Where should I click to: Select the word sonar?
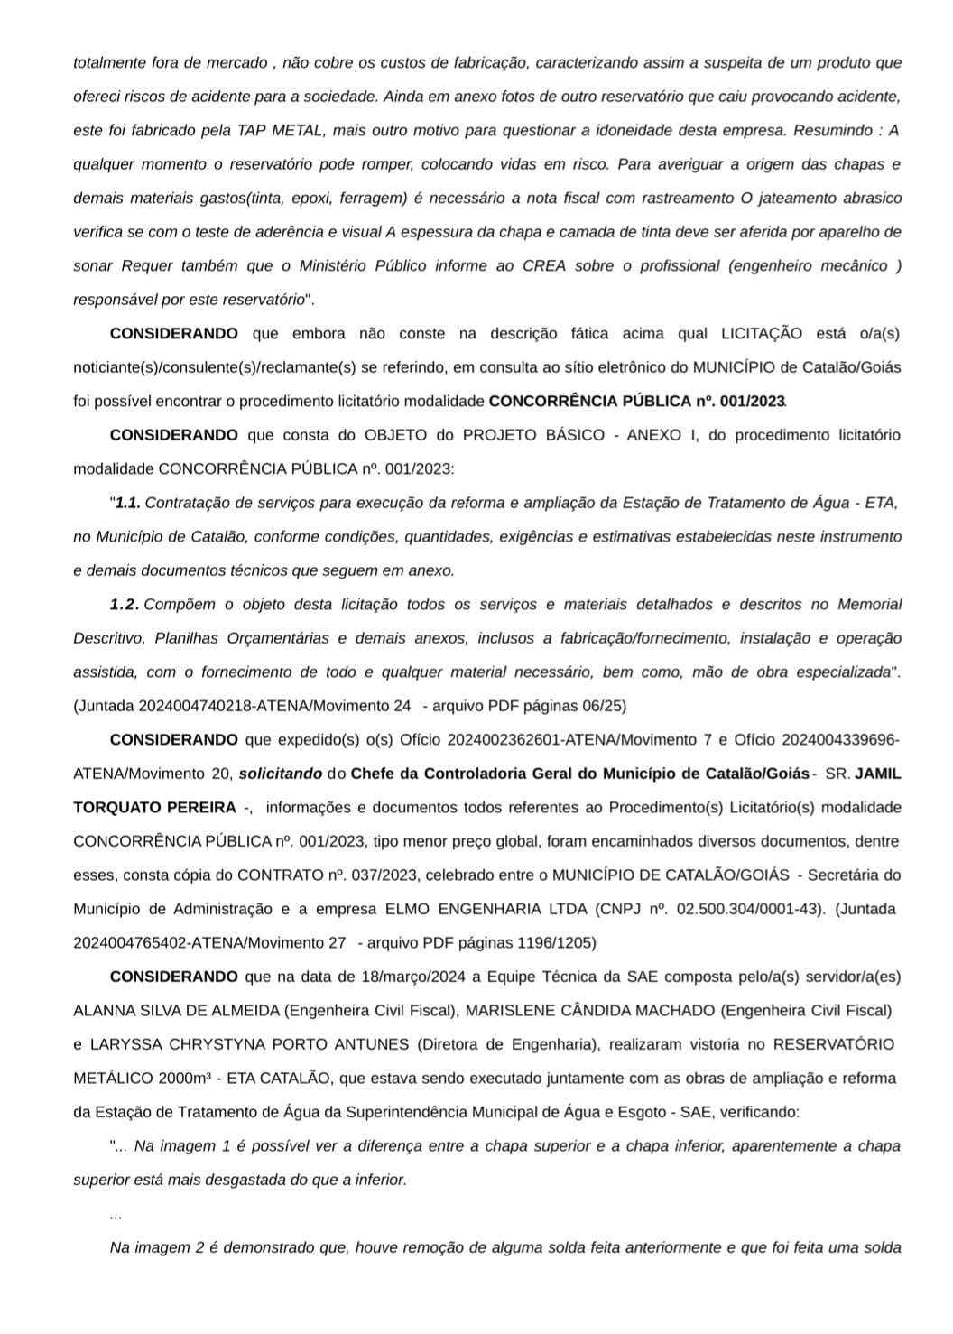[93, 265]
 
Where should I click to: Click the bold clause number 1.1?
[127, 503]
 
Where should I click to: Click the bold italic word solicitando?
[280, 774]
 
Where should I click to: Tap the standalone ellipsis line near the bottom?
[116, 1215]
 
